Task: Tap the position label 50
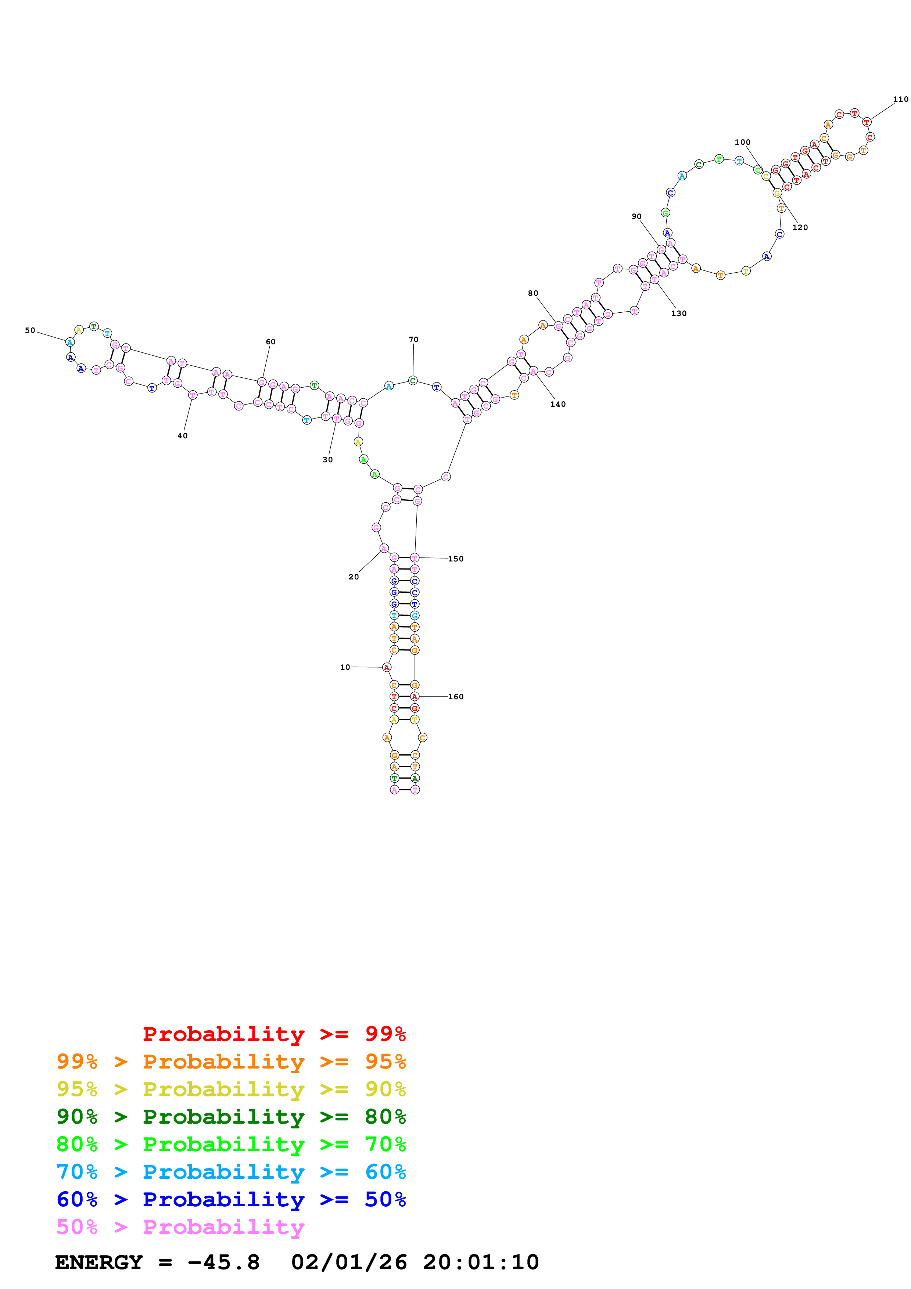pyautogui.click(x=30, y=331)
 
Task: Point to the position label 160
pyautogui.click(x=455, y=697)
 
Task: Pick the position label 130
pyautogui.click(x=679, y=313)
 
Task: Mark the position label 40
pyautogui.click(x=182, y=436)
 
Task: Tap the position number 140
pyautogui.click(x=557, y=404)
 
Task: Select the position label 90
pyautogui.click(x=636, y=217)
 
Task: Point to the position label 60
pyautogui.click(x=270, y=342)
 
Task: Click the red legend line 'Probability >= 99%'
pyautogui.click(x=274, y=1034)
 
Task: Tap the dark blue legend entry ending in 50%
pyautogui.click(x=231, y=1199)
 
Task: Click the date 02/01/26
pyautogui.click(x=349, y=1262)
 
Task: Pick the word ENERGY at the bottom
pyautogui.click(x=99, y=1262)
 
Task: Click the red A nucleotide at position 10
pyautogui.click(x=386, y=668)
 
